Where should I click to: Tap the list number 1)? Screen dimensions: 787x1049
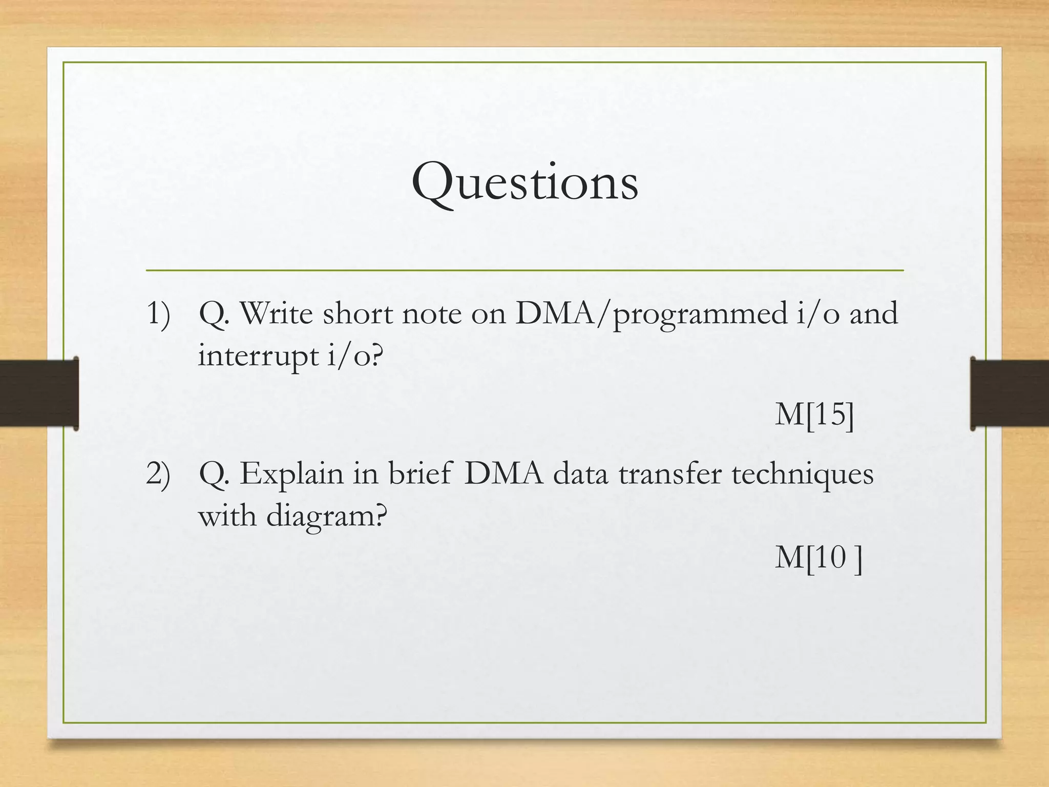(158, 314)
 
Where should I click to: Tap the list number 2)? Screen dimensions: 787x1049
(158, 473)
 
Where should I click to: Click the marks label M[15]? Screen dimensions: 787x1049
(814, 414)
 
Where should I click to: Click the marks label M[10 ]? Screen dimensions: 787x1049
(818, 557)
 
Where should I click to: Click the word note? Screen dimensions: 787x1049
(432, 314)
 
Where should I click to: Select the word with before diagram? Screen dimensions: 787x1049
(227, 515)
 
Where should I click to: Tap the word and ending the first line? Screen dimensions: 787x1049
(874, 314)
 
